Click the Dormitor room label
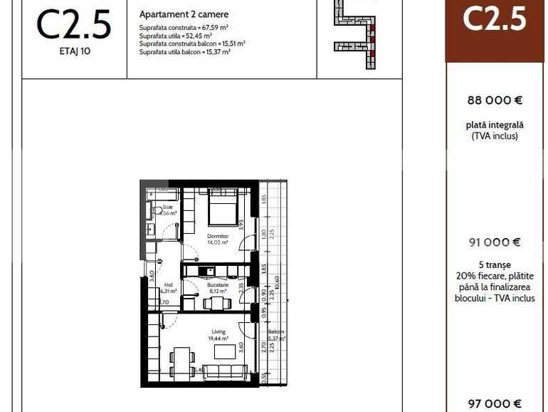click(x=217, y=236)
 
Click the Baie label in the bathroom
click(x=167, y=207)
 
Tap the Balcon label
click(x=276, y=333)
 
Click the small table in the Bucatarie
click(x=216, y=303)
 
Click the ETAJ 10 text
click(x=74, y=52)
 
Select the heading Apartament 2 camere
click(x=184, y=14)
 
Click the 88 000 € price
click(x=495, y=101)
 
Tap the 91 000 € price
click(x=495, y=242)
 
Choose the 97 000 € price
click(x=495, y=403)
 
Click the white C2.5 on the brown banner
click(x=495, y=19)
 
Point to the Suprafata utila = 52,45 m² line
click(x=176, y=35)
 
